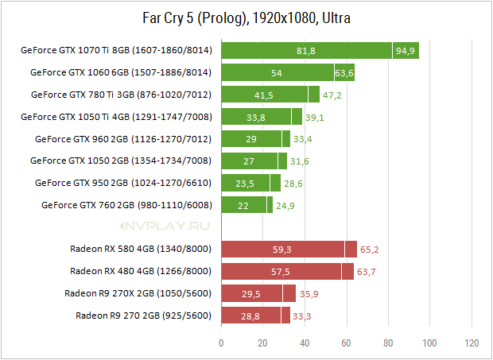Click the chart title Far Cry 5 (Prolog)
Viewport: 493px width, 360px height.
tap(194, 18)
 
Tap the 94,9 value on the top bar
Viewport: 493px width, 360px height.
tap(406, 51)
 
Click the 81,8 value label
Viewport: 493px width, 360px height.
tap(306, 51)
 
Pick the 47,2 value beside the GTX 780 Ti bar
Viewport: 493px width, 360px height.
tap(332, 95)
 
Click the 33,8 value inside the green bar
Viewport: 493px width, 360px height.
tap(256, 118)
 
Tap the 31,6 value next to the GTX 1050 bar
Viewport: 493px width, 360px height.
tap(299, 161)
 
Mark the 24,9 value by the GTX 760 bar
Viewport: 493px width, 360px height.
tap(285, 206)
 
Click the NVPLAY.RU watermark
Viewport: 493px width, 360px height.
tap(165, 226)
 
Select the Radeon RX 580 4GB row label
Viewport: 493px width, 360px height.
tap(141, 249)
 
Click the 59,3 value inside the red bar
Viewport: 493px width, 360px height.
tap(281, 250)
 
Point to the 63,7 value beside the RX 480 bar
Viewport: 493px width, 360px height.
tap(367, 272)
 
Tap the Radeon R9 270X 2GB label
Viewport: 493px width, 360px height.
tap(138, 293)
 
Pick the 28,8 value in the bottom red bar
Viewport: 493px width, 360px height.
tap(250, 316)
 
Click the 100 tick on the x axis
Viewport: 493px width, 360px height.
tap(430, 343)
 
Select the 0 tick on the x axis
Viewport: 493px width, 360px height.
tap(221, 343)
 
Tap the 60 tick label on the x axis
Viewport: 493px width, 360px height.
tap(346, 343)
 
